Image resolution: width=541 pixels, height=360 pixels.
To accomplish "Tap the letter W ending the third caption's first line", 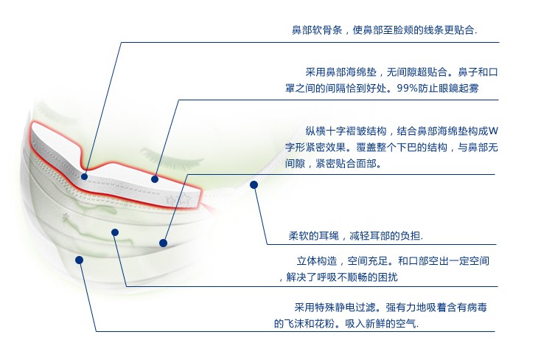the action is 493,131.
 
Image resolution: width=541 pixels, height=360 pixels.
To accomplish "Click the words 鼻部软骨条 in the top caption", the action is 317,30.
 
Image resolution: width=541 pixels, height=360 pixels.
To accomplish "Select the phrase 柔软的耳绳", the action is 314,236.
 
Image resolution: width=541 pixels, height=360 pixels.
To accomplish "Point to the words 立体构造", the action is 317,261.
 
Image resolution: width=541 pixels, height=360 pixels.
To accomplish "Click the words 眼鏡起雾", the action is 458,89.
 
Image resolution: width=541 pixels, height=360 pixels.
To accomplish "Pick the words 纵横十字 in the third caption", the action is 326,131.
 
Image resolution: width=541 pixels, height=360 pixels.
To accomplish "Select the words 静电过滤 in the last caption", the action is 355,307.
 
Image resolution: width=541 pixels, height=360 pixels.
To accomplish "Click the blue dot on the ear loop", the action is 254,185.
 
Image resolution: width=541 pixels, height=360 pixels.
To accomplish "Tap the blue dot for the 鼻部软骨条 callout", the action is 85,176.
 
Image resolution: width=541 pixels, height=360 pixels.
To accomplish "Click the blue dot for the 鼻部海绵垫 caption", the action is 155,179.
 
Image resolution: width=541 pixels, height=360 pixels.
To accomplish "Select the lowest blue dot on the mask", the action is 79,260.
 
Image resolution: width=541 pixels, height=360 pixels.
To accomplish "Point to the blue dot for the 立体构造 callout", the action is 115,232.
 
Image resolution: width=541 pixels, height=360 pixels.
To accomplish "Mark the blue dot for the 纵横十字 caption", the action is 163,243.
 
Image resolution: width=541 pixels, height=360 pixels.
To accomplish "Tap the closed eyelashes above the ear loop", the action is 171,158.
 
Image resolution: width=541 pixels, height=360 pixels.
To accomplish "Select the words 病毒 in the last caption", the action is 477,307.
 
